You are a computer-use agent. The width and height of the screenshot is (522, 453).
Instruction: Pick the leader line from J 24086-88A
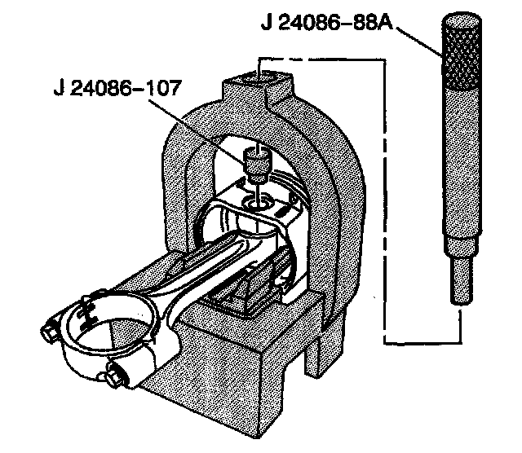click(x=420, y=39)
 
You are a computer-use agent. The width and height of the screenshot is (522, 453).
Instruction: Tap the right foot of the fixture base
click(x=322, y=350)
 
